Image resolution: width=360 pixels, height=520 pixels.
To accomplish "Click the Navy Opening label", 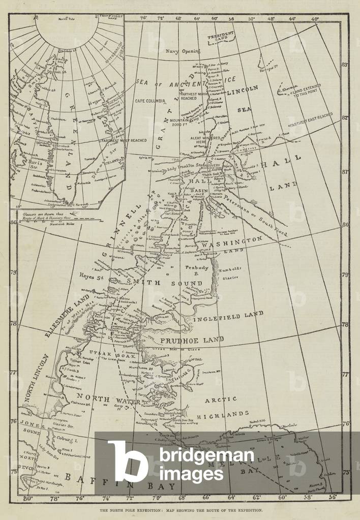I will (x=183, y=51).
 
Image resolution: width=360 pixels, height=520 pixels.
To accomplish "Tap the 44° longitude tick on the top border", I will (x=292, y=19).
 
